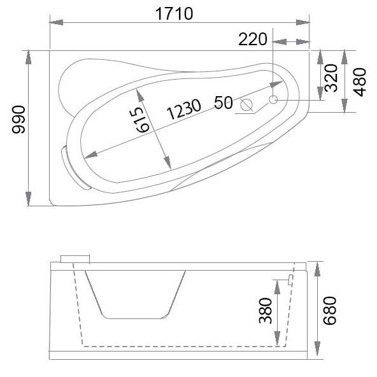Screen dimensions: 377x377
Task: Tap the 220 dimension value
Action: pyautogui.click(x=253, y=40)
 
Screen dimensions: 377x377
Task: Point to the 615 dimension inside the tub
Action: pyautogui.click(x=144, y=111)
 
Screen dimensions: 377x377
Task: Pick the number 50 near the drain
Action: pyautogui.click(x=223, y=102)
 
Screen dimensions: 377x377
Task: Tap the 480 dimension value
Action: pyautogui.click(x=360, y=81)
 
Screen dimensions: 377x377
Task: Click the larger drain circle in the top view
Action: pyautogui.click(x=248, y=104)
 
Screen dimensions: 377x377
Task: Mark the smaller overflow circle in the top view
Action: pyautogui.click(x=273, y=100)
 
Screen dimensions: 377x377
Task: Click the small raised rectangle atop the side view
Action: pyautogui.click(x=75, y=259)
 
